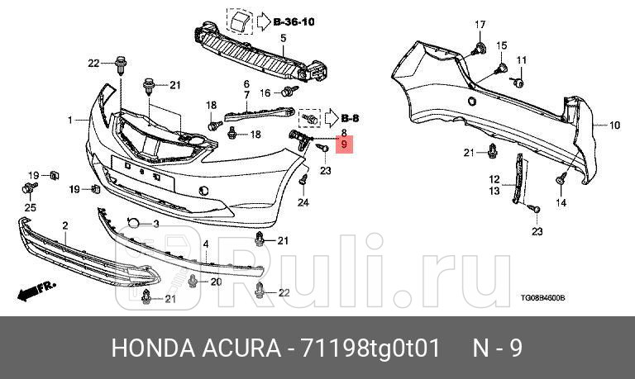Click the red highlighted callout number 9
(x=345, y=145)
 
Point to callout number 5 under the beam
(x=282, y=39)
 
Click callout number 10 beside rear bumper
(x=614, y=126)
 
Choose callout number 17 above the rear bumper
(x=480, y=24)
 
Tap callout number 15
(x=501, y=44)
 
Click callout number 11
(x=521, y=60)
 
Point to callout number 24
(x=303, y=202)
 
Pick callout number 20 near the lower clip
(x=217, y=282)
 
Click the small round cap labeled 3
(x=132, y=223)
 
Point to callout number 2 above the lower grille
(x=65, y=225)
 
